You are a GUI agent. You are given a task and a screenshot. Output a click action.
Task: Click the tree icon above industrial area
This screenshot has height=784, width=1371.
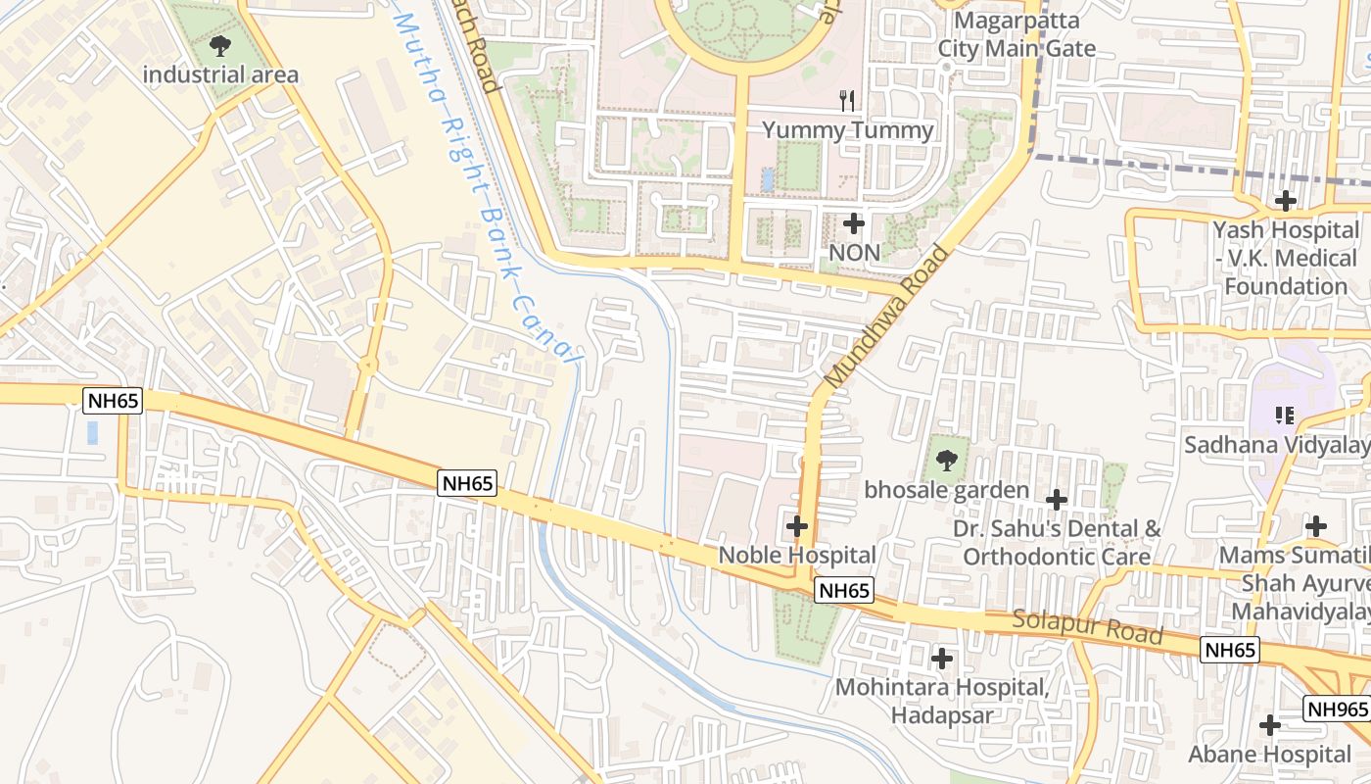click(220, 45)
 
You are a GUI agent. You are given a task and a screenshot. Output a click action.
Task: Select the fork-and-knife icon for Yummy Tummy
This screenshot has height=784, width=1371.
click(848, 99)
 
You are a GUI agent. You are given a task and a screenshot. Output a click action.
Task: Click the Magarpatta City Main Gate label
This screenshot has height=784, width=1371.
click(1016, 34)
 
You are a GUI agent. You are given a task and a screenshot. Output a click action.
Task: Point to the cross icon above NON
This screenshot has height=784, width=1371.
click(854, 223)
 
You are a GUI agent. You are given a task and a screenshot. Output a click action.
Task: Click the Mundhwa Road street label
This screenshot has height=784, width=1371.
click(887, 316)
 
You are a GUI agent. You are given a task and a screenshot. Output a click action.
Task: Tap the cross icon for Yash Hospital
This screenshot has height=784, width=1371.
click(1285, 201)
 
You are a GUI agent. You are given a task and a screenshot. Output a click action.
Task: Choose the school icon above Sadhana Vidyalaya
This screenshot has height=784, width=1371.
click(1285, 416)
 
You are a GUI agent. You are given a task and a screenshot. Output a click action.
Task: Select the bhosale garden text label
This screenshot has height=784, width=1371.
click(946, 490)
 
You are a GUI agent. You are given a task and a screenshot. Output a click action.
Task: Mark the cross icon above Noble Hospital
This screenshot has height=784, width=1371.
click(797, 526)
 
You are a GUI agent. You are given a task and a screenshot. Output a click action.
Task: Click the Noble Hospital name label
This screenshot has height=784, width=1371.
click(797, 555)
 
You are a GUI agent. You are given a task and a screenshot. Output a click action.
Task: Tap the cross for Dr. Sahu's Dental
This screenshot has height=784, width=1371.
click(1056, 500)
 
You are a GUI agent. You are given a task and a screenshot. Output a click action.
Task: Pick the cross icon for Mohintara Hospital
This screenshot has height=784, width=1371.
click(942, 659)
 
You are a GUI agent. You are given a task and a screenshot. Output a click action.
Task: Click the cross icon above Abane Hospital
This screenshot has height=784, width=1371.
click(1270, 725)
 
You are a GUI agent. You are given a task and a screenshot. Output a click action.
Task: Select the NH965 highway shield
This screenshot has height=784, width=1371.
click(1336, 709)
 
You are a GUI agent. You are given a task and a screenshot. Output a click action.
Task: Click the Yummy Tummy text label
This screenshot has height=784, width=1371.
click(848, 129)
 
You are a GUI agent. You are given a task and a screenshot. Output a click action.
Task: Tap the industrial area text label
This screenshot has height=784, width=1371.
click(220, 74)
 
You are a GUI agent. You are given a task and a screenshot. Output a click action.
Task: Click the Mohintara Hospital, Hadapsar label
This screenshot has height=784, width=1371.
click(942, 701)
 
